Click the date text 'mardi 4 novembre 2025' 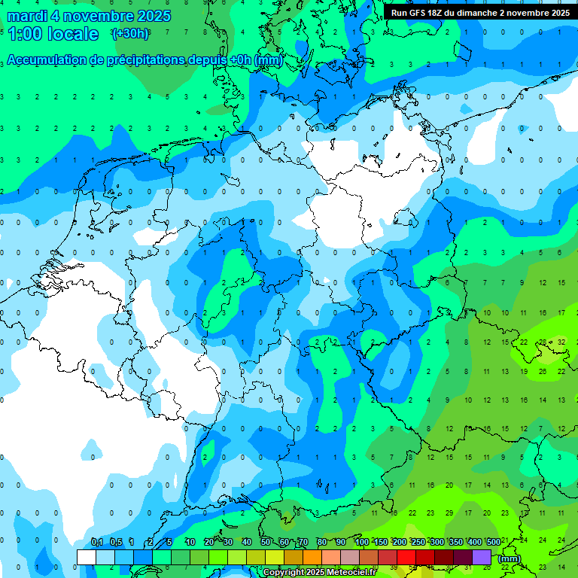pyautogui.click(x=89, y=16)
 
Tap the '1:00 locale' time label pyautogui.click(x=53, y=34)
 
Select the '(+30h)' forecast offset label pyautogui.click(x=129, y=34)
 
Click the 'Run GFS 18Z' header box pyautogui.click(x=480, y=13)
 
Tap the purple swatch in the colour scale pyautogui.click(x=482, y=557)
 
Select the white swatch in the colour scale pyautogui.click(x=87, y=557)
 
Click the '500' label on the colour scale pyautogui.click(x=493, y=543)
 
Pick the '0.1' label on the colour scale pyautogui.click(x=96, y=543)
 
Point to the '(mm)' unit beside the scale pyautogui.click(x=510, y=558)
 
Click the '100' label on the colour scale pyautogui.click(x=361, y=543)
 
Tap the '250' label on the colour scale pyautogui.click(x=418, y=543)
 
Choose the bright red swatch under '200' pyautogui.click(x=406, y=557)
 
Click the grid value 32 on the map pyautogui.click(x=561, y=342)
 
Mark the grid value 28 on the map pyautogui.click(x=543, y=342)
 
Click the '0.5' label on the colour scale pyautogui.click(x=116, y=543)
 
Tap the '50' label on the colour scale pyautogui.click(x=266, y=543)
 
